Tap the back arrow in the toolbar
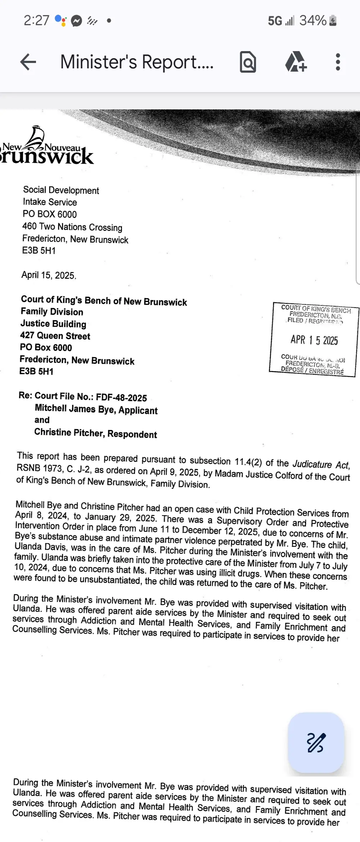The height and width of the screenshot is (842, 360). click(x=28, y=62)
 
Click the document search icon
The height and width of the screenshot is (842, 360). click(x=248, y=62)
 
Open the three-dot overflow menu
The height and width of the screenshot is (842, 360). click(x=338, y=62)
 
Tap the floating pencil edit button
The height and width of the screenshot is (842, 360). click(x=316, y=743)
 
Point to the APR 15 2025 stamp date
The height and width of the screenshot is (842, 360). click(x=314, y=340)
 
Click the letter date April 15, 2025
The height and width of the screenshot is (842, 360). click(x=49, y=275)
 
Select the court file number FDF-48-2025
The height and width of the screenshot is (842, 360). click(x=121, y=398)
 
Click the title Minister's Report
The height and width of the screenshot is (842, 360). click(x=137, y=62)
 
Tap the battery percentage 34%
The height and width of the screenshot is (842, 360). click(x=313, y=21)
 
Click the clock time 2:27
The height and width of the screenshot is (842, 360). click(x=36, y=21)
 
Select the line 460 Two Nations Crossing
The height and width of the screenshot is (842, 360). click(x=72, y=227)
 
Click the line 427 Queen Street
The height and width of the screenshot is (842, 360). click(x=55, y=336)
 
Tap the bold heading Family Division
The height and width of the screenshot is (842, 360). click(x=52, y=312)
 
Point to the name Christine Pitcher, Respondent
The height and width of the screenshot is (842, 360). click(x=95, y=433)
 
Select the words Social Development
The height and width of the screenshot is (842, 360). click(x=61, y=190)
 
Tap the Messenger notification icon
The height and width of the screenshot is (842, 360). click(x=76, y=21)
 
